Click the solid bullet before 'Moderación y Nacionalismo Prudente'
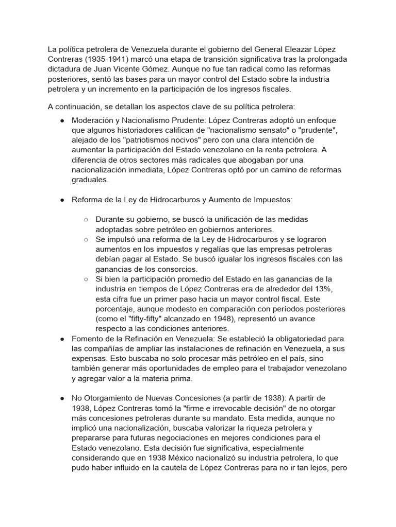(x=62, y=120)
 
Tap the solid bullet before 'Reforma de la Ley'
(x=62, y=200)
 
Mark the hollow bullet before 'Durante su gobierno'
(x=86, y=220)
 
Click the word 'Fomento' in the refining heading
(x=88, y=339)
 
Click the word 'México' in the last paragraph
(x=178, y=459)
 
